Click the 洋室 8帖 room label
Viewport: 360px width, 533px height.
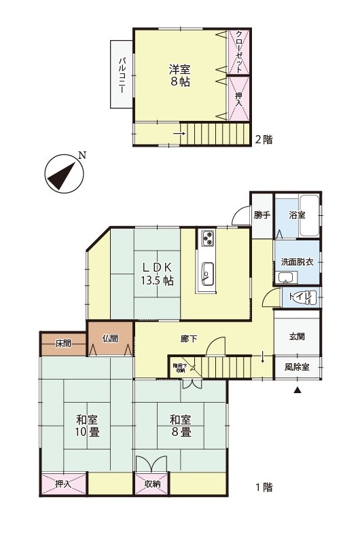click(180, 75)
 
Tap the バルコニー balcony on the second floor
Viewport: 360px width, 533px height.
click(122, 75)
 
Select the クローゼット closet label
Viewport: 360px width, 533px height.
click(239, 52)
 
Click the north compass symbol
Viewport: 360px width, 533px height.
click(65, 174)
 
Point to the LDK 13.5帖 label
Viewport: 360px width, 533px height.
click(158, 274)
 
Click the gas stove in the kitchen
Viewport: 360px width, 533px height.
click(208, 238)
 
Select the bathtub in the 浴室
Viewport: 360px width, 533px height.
click(309, 215)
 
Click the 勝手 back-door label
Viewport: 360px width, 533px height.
click(262, 215)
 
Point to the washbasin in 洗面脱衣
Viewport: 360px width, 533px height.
click(286, 278)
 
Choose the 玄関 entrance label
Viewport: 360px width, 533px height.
click(297, 337)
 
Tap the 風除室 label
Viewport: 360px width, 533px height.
click(297, 367)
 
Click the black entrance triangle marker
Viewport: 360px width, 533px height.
click(298, 390)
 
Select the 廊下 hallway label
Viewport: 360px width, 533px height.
click(189, 339)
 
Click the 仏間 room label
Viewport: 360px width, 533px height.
click(110, 339)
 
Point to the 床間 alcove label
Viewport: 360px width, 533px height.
click(63, 344)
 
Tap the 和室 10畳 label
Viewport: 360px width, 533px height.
click(88, 426)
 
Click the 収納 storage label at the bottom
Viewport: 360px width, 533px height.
click(153, 483)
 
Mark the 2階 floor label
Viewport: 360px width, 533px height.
click(264, 139)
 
